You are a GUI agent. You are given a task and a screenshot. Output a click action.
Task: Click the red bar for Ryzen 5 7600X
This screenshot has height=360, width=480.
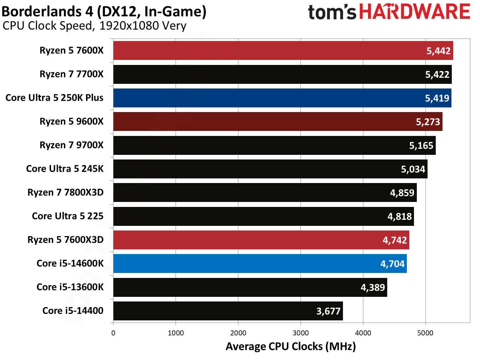268,51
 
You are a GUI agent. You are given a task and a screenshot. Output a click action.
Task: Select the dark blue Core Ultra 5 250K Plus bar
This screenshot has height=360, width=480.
268,98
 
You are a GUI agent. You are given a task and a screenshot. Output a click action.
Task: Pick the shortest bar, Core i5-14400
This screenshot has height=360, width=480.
214,311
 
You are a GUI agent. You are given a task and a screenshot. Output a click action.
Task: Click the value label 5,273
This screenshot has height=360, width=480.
428,122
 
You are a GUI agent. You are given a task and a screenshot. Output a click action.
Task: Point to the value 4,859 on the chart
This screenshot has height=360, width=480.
402,193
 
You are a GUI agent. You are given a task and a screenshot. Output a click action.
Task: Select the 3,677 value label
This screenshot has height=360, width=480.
328,311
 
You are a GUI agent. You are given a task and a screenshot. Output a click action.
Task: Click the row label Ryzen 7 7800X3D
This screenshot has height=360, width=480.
65,193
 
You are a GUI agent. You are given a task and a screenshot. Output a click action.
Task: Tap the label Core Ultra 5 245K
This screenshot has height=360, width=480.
65,169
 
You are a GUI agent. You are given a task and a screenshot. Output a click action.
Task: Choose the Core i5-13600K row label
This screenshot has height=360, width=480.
70,287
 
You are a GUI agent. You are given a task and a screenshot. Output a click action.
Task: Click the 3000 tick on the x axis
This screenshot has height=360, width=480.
300,333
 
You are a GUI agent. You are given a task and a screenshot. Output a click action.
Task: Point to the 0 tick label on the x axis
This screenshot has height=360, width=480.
113,333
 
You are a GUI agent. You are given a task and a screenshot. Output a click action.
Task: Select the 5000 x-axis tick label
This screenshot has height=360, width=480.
425,333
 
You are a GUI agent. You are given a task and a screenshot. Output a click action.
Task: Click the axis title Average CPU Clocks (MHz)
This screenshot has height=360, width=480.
290,346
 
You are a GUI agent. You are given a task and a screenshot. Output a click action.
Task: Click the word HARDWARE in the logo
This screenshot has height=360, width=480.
414,12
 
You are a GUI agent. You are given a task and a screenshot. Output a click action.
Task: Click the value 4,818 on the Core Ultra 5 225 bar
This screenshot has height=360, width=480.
399,217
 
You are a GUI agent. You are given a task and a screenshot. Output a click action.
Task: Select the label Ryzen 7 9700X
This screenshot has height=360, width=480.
71,145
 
